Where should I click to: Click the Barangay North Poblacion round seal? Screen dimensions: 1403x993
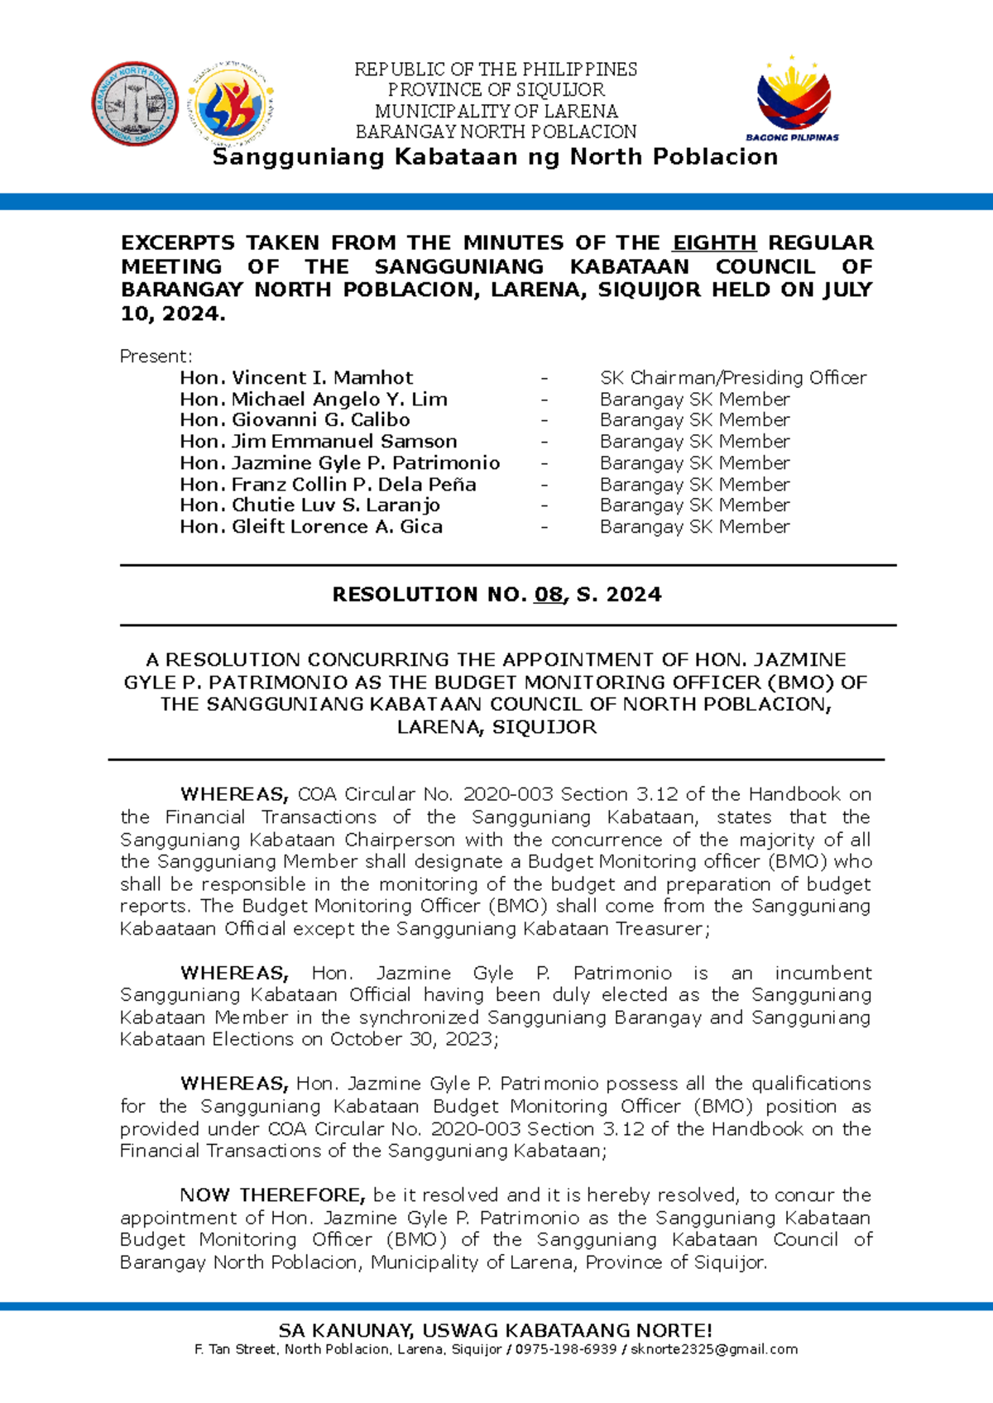click(134, 103)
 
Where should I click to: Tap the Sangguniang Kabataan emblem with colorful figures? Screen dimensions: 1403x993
click(233, 103)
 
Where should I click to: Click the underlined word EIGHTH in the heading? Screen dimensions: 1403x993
click(714, 242)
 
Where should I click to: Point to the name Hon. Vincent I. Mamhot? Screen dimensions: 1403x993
click(296, 378)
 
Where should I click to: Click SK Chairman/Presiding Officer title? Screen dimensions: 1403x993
click(733, 378)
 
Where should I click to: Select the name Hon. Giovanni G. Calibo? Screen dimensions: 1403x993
click(295, 420)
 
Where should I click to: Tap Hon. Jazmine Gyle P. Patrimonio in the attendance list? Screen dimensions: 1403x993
click(339, 463)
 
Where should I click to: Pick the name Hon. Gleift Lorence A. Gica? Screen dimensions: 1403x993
click(311, 527)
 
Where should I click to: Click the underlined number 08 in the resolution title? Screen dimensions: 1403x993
click(549, 595)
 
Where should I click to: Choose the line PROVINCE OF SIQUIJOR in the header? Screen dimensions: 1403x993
click(496, 89)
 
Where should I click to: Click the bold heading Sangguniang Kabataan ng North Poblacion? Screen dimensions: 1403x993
click(495, 157)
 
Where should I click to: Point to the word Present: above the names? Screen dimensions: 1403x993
click(156, 357)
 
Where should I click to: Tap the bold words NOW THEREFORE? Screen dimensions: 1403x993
click(272, 1195)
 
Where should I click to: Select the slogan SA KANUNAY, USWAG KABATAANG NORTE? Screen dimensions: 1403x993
click(495, 1330)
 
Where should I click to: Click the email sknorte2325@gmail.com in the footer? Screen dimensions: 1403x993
click(714, 1349)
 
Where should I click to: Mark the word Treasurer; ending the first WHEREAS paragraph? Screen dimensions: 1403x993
click(662, 929)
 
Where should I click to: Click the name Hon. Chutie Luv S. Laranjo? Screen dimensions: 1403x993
click(309, 505)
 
